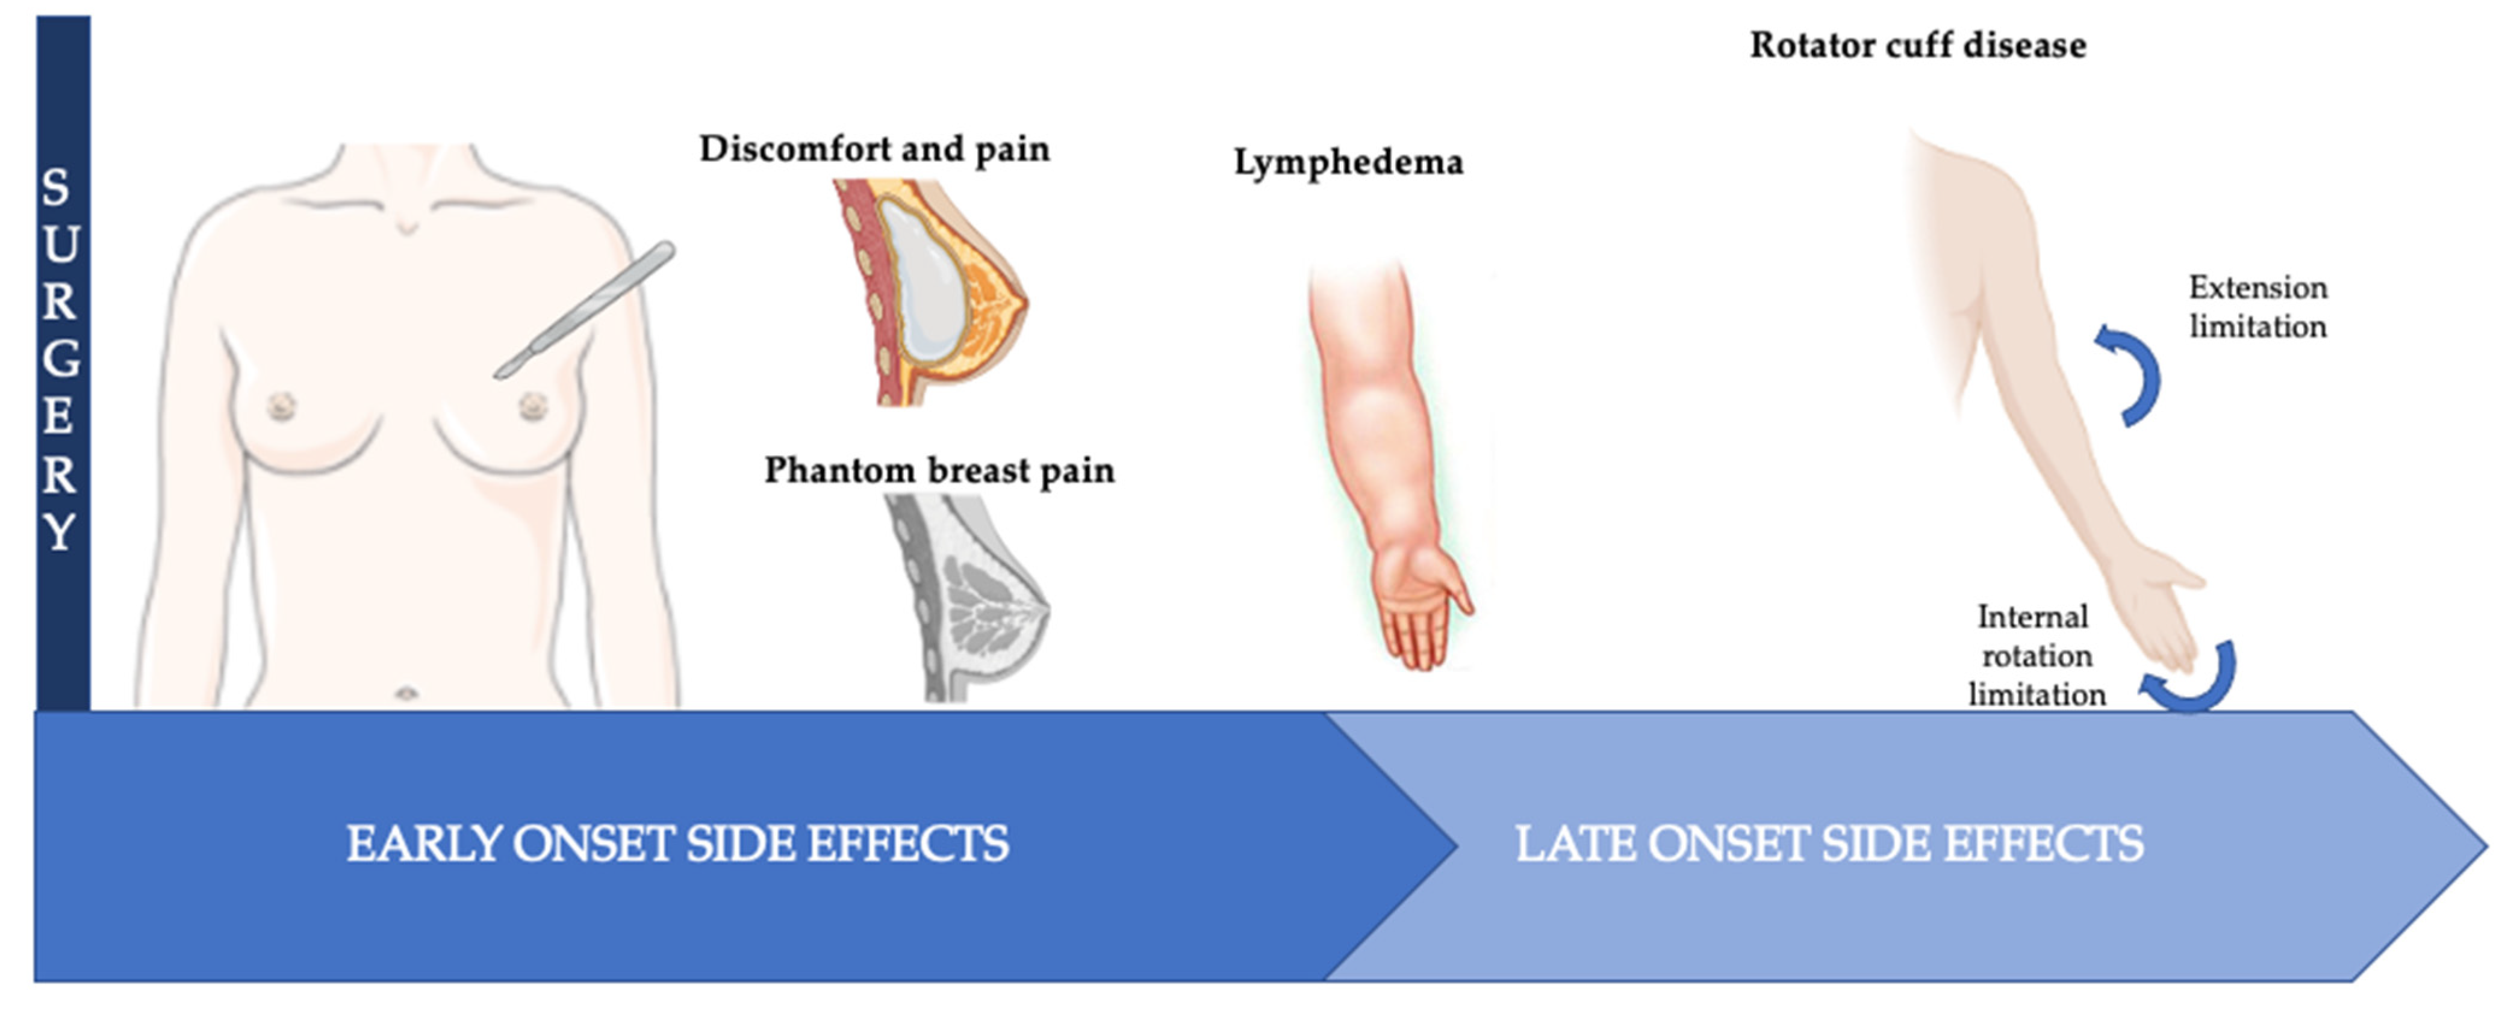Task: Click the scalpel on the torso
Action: [x=584, y=310]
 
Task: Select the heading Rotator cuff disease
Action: [x=1917, y=45]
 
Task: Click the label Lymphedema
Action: [x=1348, y=162]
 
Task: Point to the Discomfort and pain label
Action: [x=874, y=149]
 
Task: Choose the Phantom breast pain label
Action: [x=939, y=470]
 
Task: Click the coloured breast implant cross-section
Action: [x=929, y=291]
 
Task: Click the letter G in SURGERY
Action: [x=61, y=359]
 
